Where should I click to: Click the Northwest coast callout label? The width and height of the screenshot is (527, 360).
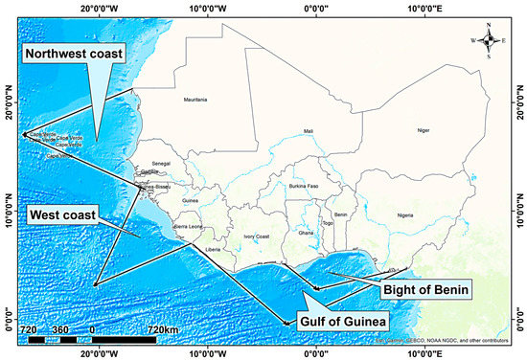coord(75,55)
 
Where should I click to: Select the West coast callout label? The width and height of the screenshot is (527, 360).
coord(62,215)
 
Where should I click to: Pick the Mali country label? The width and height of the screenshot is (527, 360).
coord(308,131)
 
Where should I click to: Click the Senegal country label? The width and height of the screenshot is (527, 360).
coord(161,164)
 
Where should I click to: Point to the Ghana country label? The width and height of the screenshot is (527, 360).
coord(306,233)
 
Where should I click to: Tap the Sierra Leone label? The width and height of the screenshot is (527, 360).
coord(188,226)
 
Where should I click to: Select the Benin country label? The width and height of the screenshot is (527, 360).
coord(340,215)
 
